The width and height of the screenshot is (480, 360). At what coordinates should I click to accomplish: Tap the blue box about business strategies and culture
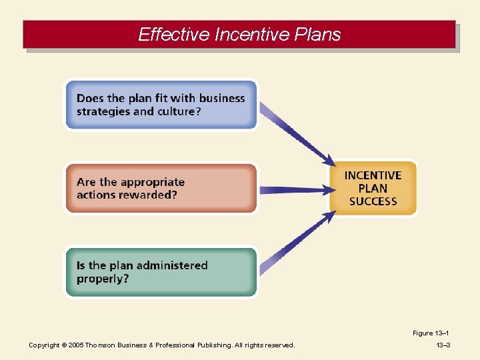tap(161, 105)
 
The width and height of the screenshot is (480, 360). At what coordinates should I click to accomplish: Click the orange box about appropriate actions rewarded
tap(161, 189)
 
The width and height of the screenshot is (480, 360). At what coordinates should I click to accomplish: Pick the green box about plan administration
tap(161, 272)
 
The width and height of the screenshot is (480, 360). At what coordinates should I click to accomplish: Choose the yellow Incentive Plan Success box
tap(373, 188)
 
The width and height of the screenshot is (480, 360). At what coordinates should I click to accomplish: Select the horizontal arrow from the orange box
tap(294, 190)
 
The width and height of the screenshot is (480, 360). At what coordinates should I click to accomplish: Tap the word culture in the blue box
tap(178, 111)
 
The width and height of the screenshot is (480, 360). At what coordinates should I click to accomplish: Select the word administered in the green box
tap(167, 265)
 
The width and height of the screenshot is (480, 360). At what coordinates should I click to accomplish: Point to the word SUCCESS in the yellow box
tap(373, 201)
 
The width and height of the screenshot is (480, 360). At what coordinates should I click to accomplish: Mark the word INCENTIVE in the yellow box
tap(373, 175)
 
